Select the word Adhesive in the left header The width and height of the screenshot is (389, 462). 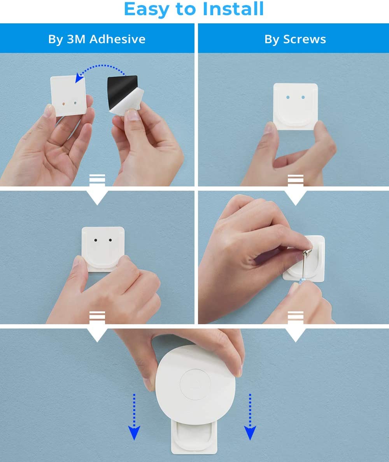(x=117, y=39)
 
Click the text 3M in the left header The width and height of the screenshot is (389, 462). (x=76, y=39)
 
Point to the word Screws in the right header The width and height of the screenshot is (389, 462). (x=305, y=39)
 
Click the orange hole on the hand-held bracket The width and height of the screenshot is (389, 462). (x=64, y=104)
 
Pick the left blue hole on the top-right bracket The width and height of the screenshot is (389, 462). (x=288, y=97)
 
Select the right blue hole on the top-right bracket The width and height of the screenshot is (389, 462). (x=303, y=97)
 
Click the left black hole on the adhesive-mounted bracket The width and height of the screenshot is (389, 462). (x=96, y=240)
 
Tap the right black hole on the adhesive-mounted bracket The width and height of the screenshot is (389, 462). (x=110, y=240)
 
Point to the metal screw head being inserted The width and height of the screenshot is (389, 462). (x=307, y=253)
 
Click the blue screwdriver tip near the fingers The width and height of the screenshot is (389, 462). (x=301, y=281)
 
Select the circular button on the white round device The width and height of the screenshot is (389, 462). (x=195, y=384)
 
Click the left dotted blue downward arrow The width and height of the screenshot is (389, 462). (x=134, y=416)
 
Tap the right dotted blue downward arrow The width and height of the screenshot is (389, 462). (x=250, y=416)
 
